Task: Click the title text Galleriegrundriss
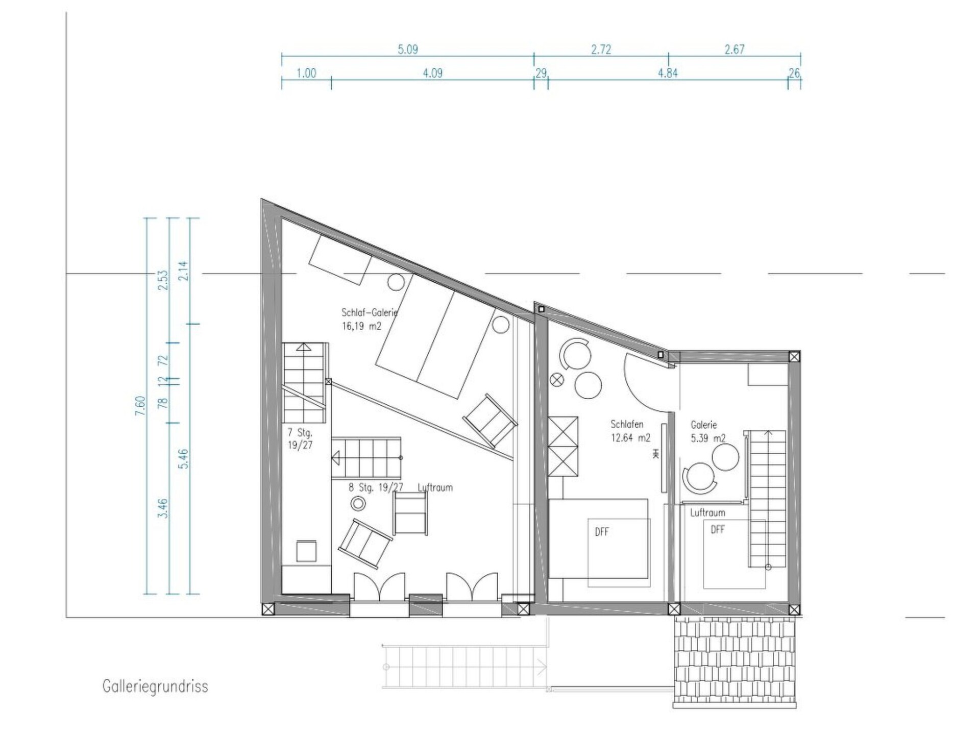click(155, 687)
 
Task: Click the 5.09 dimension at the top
click(408, 50)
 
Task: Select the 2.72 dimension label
click(601, 50)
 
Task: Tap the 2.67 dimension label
click(734, 50)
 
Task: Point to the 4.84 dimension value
click(668, 73)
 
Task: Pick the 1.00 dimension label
click(306, 73)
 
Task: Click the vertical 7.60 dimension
click(140, 406)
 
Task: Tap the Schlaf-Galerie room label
click(370, 312)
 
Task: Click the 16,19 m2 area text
click(361, 326)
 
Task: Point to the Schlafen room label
click(627, 424)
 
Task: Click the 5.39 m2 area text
click(708, 438)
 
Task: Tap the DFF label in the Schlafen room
click(602, 532)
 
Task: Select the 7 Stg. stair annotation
click(300, 433)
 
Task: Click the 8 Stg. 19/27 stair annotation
click(376, 487)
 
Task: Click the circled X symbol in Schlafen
click(557, 379)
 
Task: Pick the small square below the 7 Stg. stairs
click(306, 551)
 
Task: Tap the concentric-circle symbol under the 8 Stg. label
click(358, 504)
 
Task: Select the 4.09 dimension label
click(433, 73)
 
